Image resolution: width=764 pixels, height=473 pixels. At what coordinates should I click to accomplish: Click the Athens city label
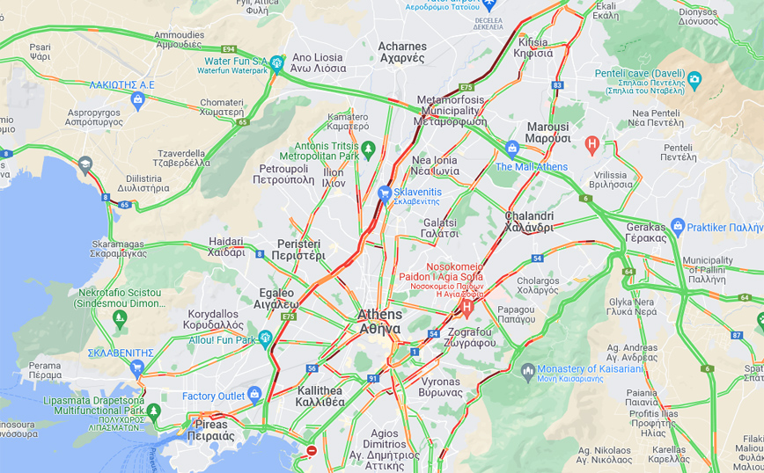point(379,322)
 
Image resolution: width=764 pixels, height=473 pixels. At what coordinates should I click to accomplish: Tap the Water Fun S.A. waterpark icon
point(276,62)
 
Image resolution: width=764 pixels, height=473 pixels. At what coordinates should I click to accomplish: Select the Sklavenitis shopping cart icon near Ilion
point(385,193)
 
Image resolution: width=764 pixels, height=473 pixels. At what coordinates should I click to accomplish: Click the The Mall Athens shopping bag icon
point(512,148)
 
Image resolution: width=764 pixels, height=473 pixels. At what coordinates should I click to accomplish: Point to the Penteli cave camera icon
point(694,80)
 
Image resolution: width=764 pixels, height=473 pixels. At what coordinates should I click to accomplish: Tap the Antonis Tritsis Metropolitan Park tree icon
point(368,149)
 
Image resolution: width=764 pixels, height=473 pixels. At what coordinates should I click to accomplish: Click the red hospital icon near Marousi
point(592,142)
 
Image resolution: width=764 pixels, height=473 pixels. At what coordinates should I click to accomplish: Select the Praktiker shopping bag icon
point(677,226)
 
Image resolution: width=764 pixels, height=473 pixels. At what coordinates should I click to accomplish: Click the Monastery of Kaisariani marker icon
point(527,370)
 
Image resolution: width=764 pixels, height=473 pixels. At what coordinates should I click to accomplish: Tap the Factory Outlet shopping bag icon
point(254,395)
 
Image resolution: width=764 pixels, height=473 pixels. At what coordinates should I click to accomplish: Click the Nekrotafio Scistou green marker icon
point(119,316)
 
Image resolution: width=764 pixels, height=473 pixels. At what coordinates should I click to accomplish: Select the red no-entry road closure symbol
point(311,451)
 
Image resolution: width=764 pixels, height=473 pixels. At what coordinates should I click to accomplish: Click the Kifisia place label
point(533,47)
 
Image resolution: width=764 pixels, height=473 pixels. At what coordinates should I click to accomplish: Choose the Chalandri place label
point(529,222)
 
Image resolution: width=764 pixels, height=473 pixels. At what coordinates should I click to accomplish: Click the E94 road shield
point(229,48)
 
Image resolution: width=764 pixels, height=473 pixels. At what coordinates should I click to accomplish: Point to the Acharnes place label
point(401,53)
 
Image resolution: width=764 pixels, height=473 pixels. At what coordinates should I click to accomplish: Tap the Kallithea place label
point(320,396)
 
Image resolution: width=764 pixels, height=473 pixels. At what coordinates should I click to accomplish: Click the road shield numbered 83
point(557,85)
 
